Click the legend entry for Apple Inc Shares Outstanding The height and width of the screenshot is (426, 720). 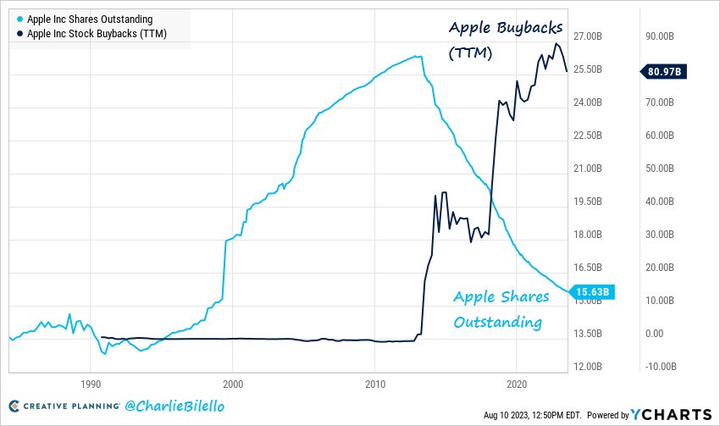[85, 19]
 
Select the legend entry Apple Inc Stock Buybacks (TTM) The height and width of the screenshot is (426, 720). [91, 34]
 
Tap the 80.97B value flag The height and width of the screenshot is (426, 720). [663, 72]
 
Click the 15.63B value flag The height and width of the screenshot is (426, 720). [592, 292]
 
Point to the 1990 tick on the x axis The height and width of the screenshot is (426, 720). [91, 385]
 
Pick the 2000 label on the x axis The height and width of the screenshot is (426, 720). [233, 385]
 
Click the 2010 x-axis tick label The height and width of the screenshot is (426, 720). [375, 385]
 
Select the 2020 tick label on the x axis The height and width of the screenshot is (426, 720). [517, 385]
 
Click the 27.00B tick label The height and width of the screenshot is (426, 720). [588, 36]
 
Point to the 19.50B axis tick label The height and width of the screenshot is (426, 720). [588, 202]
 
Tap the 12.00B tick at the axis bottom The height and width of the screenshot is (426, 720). [588, 367]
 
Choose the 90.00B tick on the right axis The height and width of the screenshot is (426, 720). [660, 36]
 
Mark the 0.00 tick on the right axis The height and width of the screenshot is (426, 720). [654, 334]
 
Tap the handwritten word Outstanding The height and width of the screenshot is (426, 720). [498, 323]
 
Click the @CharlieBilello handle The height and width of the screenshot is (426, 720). [174, 406]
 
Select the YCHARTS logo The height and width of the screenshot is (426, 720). [671, 414]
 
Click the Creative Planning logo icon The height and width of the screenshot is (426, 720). [14, 406]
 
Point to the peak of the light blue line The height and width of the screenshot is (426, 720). [415, 56]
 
